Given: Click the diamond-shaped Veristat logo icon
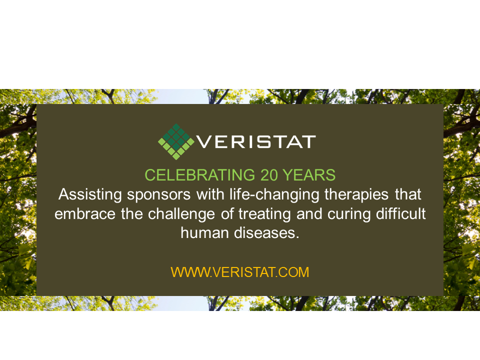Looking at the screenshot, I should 174,141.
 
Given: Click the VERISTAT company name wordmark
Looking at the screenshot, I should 255,141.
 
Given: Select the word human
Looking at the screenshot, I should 202,233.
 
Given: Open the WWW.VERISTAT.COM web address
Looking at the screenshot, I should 240,272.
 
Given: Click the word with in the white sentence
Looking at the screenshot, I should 192,194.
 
